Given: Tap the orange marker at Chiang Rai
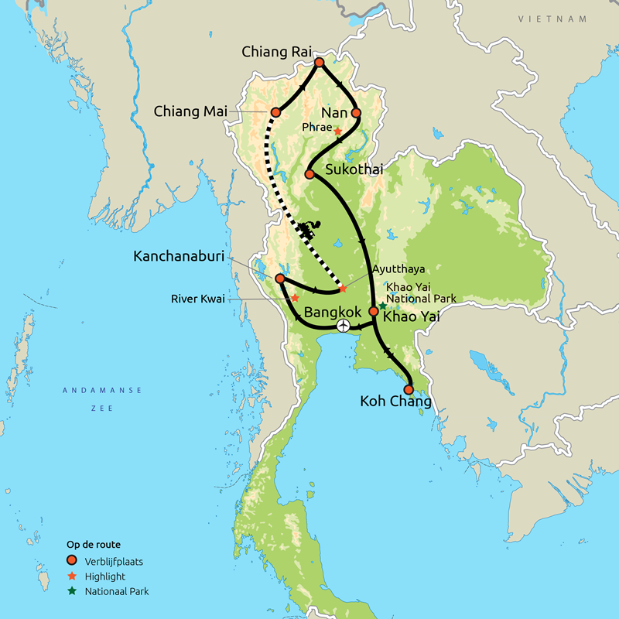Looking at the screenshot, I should (x=319, y=62).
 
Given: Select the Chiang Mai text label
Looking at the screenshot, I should (x=190, y=111).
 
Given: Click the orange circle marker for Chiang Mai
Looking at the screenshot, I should (x=275, y=112).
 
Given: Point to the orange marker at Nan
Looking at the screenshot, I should (x=356, y=112).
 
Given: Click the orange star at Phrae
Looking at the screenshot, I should (x=337, y=131).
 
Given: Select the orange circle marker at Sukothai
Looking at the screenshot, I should (x=309, y=174).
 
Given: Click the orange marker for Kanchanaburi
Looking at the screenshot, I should (x=279, y=278).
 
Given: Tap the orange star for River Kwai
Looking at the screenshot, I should (x=294, y=297).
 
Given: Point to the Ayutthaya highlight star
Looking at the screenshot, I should (x=343, y=289).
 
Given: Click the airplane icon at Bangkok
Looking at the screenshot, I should (x=343, y=327).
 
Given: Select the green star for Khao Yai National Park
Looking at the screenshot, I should (x=382, y=306).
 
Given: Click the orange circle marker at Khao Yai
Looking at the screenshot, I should (x=373, y=311).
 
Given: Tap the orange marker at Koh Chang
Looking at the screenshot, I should (x=408, y=390).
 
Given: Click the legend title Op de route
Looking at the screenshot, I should (x=91, y=545).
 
